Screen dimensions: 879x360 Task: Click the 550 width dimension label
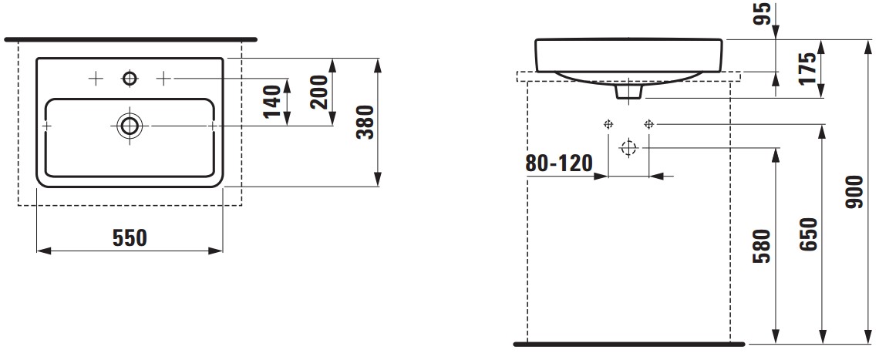pyautogui.click(x=130, y=237)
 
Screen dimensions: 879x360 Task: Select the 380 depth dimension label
pyautogui.click(x=365, y=123)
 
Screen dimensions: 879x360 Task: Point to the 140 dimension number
pyautogui.click(x=272, y=102)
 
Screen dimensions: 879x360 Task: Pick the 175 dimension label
pyautogui.click(x=808, y=68)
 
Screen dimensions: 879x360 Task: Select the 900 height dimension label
pyautogui.click(x=856, y=192)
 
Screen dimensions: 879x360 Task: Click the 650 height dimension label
pyautogui.click(x=810, y=234)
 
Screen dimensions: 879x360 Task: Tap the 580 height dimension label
pyautogui.click(x=763, y=246)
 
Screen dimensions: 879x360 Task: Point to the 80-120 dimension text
pyautogui.click(x=558, y=163)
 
